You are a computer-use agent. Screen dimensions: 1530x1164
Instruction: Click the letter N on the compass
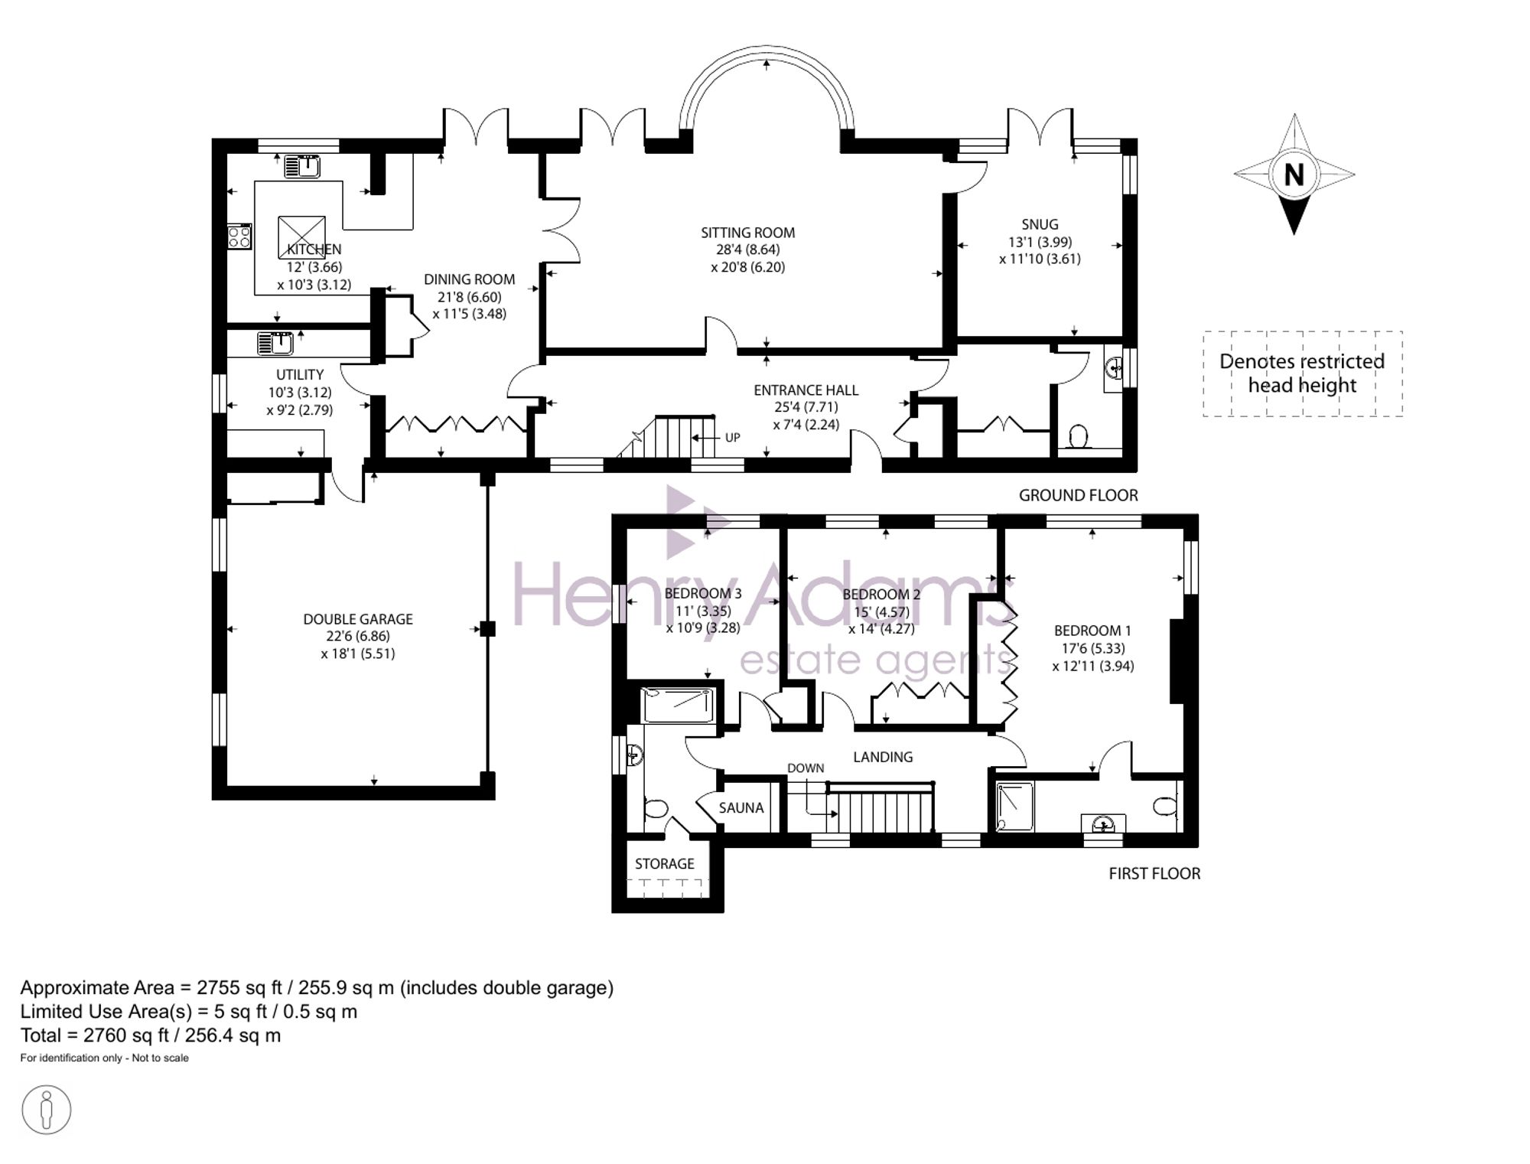1294,175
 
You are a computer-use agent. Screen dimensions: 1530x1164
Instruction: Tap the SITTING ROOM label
747,233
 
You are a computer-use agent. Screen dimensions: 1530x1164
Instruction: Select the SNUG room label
1040,224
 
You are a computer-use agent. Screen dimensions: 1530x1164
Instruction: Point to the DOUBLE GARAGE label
358,619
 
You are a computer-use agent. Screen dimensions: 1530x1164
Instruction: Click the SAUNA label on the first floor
741,807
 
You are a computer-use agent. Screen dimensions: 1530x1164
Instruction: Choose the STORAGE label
664,863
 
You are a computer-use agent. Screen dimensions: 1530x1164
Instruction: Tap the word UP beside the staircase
732,438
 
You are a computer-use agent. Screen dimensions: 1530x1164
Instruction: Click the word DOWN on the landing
806,768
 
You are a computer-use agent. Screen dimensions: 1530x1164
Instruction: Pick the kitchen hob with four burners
239,236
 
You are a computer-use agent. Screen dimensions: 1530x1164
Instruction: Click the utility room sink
275,344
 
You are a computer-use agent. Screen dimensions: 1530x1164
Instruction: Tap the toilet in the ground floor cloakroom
1079,437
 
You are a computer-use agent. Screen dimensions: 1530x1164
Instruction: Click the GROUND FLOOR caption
1078,495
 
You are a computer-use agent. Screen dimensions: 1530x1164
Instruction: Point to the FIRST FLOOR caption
1154,873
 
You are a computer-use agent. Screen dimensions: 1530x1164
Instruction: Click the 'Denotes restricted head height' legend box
1302,373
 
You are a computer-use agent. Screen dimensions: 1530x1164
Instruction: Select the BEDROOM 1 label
1092,631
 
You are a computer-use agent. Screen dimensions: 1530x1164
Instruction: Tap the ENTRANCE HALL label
806,390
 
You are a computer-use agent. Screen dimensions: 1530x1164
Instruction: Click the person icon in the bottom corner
47,1110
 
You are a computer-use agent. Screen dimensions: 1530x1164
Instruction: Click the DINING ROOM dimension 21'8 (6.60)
469,297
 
